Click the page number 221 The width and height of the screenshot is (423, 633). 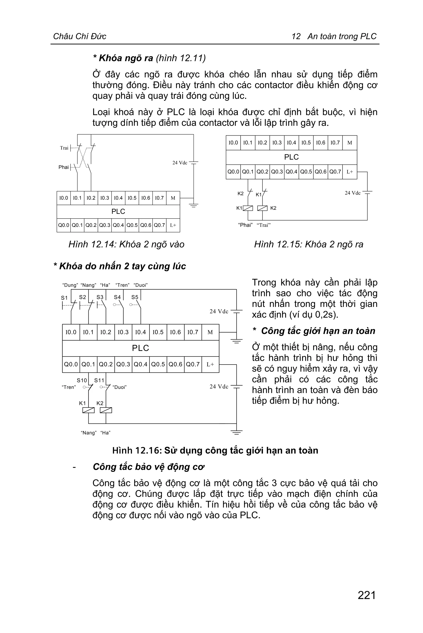pyautogui.click(x=367, y=595)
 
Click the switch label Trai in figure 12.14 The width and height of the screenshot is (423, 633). pyautogui.click(x=64, y=148)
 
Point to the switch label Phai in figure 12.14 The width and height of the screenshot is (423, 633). pyautogui.click(x=63, y=167)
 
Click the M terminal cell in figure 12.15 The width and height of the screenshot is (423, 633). pyautogui.click(x=350, y=143)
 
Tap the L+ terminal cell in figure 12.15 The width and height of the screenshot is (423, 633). pyautogui.click(x=350, y=172)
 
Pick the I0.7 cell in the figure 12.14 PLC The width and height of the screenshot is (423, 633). pyautogui.click(x=159, y=198)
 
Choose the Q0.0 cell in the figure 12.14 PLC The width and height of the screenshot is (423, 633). pyautogui.click(x=64, y=225)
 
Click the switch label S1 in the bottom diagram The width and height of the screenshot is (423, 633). pyautogui.click(x=64, y=298)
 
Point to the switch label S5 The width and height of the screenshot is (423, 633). pyautogui.click(x=135, y=297)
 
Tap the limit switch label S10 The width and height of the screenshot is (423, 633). pyautogui.click(x=82, y=380)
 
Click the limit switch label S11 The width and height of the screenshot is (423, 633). pyautogui.click(x=99, y=380)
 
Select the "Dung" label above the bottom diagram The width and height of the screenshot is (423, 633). pyautogui.click(x=70, y=285)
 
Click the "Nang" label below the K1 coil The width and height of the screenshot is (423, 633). pyautogui.click(x=88, y=433)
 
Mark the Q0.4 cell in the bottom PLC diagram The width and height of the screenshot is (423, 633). pyautogui.click(x=140, y=364)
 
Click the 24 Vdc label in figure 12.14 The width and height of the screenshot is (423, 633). pyautogui.click(x=180, y=163)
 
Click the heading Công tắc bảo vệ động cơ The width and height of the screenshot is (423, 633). pyautogui.click(x=149, y=467)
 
